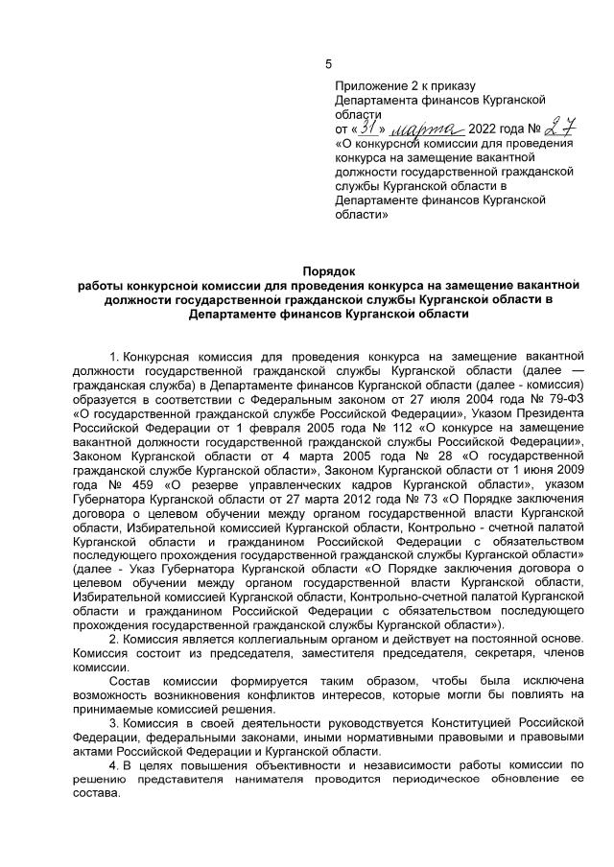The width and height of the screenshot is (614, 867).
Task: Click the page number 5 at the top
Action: (328, 64)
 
